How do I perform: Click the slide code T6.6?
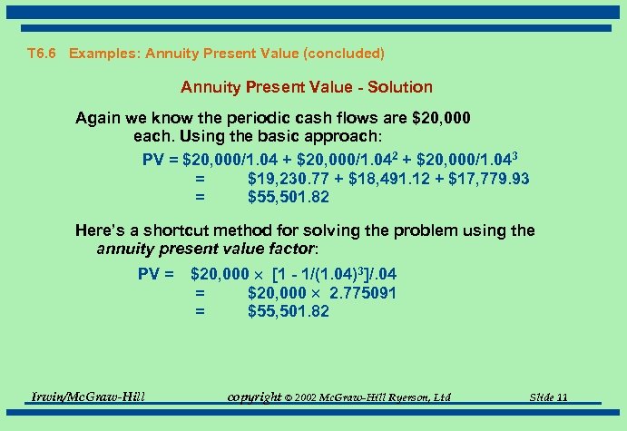(43, 54)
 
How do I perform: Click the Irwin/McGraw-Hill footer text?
(88, 397)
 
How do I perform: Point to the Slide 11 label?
(549, 397)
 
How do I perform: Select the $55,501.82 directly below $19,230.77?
(288, 197)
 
